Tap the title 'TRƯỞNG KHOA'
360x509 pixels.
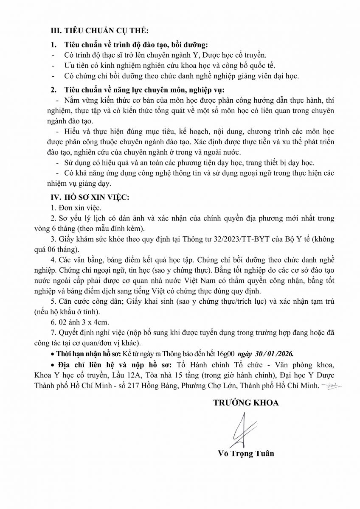tap(246, 403)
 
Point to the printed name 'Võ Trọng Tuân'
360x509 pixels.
tap(245, 453)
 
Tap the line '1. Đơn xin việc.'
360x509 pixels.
tap(76, 208)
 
